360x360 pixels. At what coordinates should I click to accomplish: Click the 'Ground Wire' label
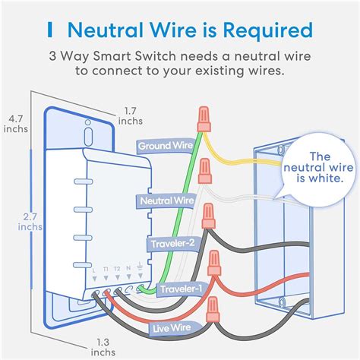pyautogui.click(x=165, y=144)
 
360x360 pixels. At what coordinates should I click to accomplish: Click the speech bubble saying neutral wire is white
pyautogui.click(x=311, y=167)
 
